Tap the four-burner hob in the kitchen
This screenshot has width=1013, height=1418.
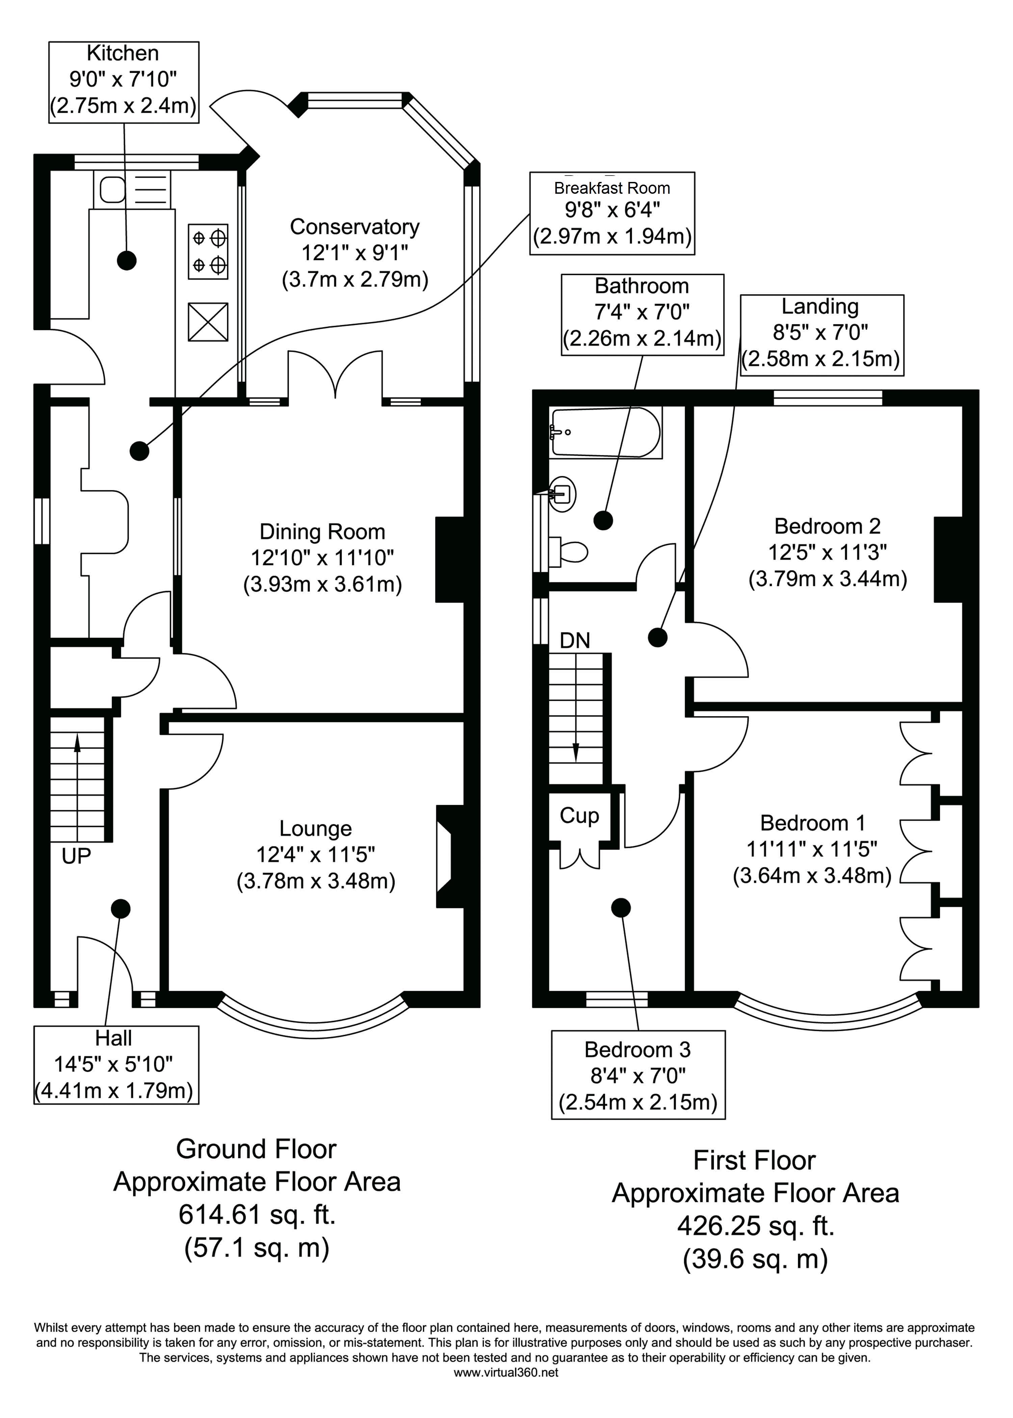[x=208, y=251]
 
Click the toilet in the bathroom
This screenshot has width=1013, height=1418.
[x=570, y=551]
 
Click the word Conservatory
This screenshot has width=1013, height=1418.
[x=354, y=226]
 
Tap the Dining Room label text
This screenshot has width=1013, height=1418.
[x=322, y=532]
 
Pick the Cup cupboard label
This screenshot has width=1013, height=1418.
[x=579, y=815]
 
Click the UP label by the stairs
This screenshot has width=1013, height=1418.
[x=76, y=856]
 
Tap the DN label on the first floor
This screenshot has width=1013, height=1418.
[x=574, y=640]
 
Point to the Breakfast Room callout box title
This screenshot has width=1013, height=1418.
[x=612, y=188]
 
